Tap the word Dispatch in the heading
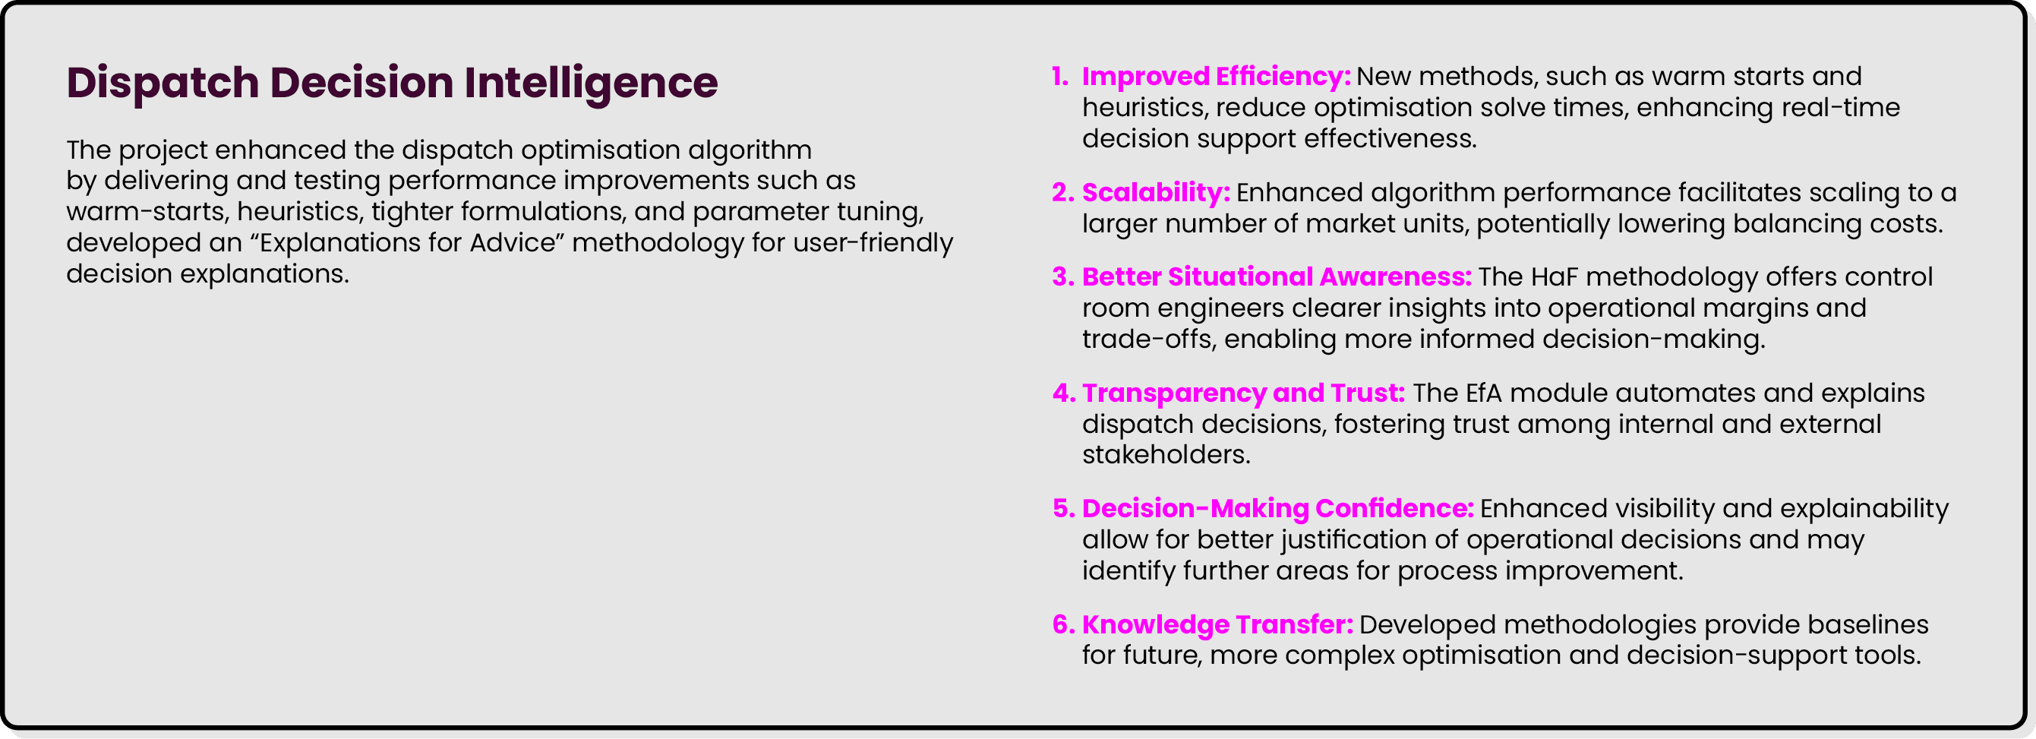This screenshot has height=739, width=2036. click(x=163, y=83)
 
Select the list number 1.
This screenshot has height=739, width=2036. click(x=1059, y=77)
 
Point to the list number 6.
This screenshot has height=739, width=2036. click(x=1062, y=624)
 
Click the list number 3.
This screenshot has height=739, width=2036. click(x=1062, y=276)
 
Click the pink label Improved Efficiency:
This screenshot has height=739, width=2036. click(x=1216, y=77)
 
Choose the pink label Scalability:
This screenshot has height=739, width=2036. click(x=1156, y=192)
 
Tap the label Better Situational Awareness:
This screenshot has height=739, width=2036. click(x=1276, y=276)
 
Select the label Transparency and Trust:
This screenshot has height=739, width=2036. click(x=1242, y=393)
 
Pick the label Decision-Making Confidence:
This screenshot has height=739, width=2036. click(x=1277, y=508)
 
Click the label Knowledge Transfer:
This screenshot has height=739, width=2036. click(x=1217, y=624)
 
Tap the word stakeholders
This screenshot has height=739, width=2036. click(x=1165, y=454)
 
